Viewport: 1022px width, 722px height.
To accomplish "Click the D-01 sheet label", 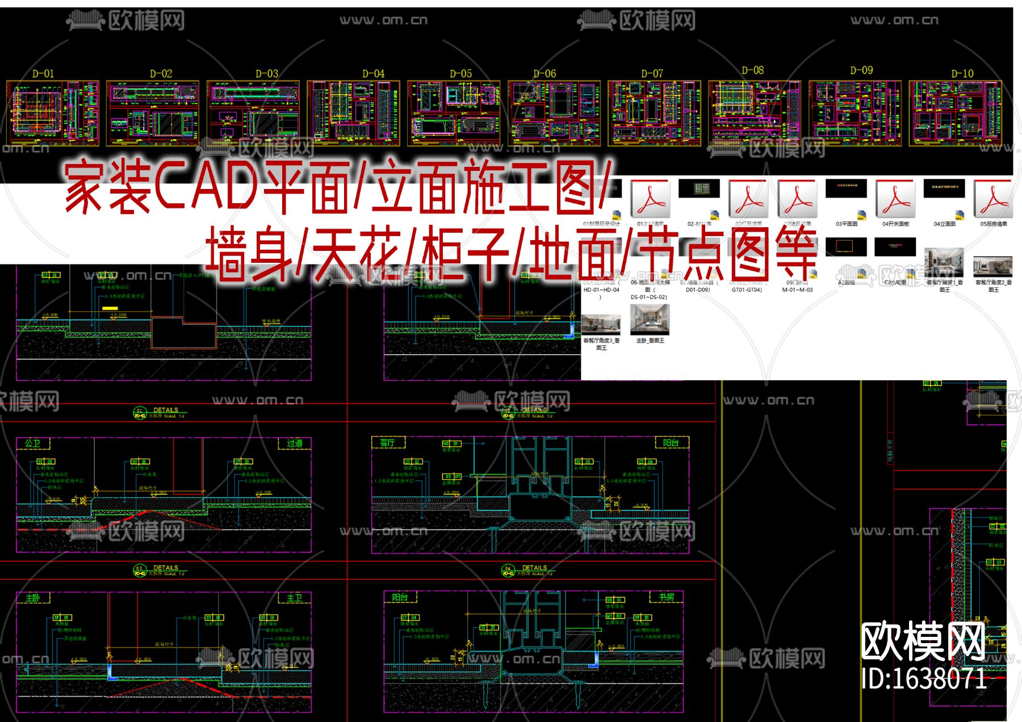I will point(43,74).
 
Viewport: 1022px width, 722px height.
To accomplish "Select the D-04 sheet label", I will point(373,74).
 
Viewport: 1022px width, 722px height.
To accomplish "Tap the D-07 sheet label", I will point(652,74).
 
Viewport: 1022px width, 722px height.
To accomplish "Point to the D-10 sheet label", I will point(962,74).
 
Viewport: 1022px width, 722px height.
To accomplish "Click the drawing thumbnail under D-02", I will point(153,114).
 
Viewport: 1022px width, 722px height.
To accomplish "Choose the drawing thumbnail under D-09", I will point(855,113).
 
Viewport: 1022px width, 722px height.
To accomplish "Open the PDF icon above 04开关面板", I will point(895,199).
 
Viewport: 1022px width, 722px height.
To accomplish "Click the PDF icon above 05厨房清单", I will point(993,199).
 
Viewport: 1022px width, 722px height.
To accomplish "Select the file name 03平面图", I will point(846,224).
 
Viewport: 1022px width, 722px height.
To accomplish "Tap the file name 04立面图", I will point(944,224).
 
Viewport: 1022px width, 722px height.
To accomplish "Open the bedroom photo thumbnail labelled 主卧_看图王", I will point(650,320).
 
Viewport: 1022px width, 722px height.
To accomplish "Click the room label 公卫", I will point(33,443).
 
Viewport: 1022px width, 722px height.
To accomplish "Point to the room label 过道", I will point(294,443).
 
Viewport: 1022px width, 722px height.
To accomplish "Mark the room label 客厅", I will point(387,443).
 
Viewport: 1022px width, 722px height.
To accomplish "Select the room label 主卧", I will point(33,598).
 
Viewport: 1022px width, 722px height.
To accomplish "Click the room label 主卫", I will point(294,598).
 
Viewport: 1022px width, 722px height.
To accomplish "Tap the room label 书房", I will point(666,597).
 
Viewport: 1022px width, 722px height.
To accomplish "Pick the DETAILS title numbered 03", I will point(165,568).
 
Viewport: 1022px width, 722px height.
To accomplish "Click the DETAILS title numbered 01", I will point(165,410).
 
